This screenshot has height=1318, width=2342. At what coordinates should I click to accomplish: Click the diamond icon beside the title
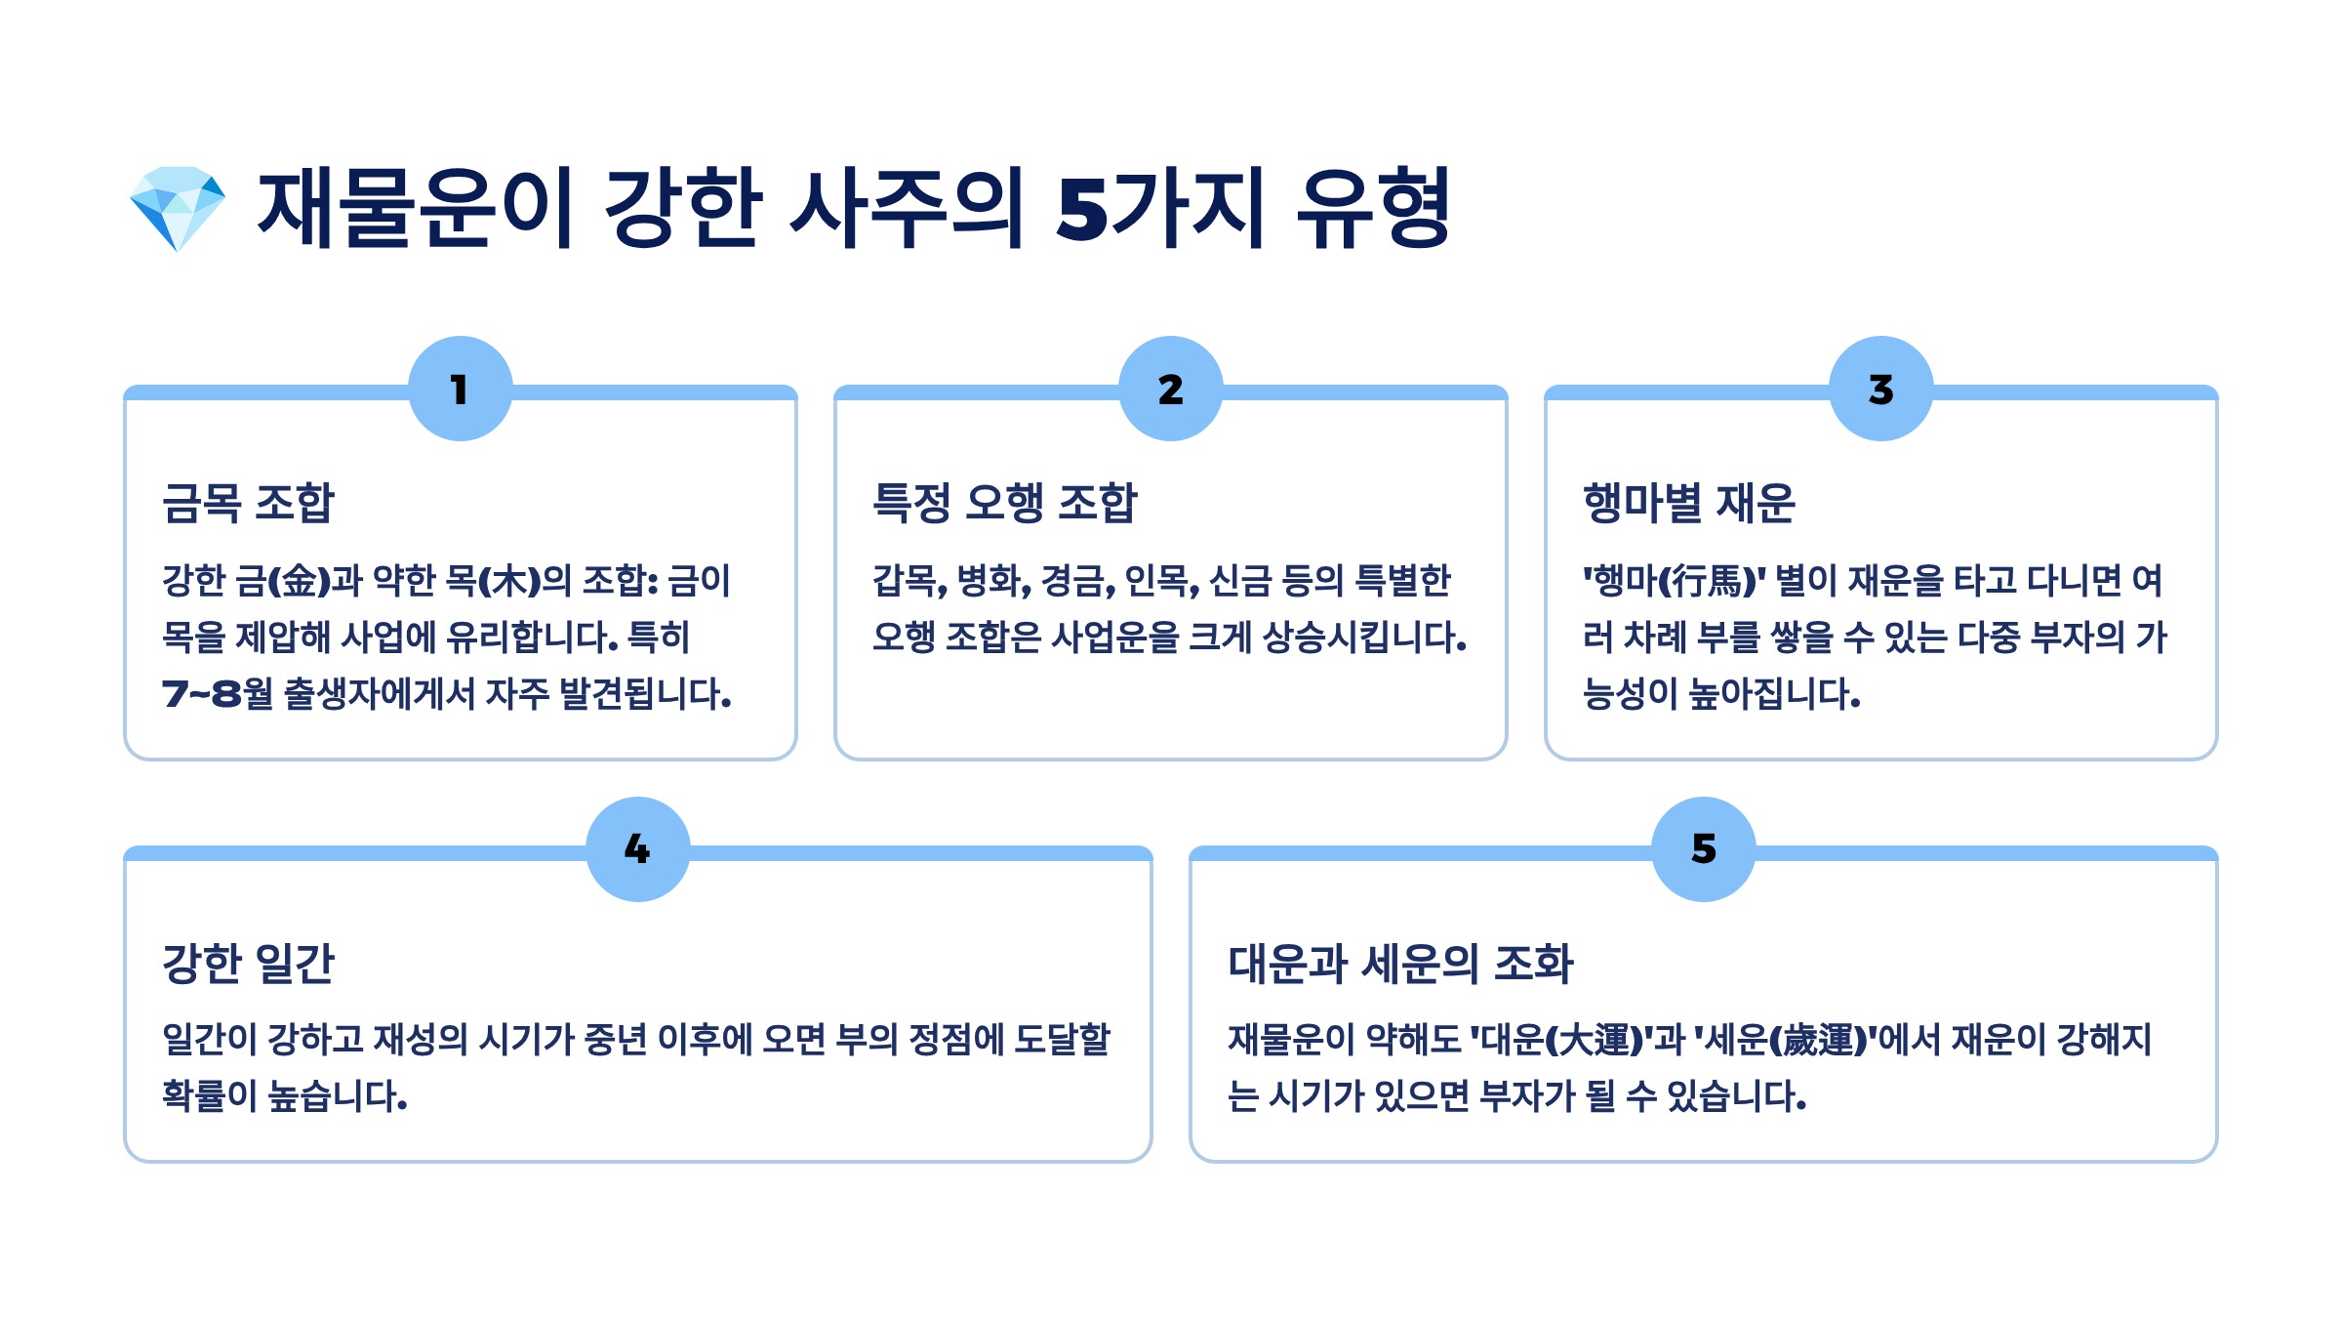tap(178, 208)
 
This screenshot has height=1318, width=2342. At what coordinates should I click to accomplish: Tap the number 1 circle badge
tap(460, 389)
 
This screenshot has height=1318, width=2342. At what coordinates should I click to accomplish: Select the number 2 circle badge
tap(1170, 389)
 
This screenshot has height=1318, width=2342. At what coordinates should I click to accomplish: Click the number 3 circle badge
tap(1880, 389)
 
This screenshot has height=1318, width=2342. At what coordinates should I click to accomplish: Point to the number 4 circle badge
tap(637, 848)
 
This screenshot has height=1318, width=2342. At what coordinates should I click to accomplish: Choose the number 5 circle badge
tap(1703, 848)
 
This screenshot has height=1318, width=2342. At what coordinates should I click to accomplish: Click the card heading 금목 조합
tap(248, 503)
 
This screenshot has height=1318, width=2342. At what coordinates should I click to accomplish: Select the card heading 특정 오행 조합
tap(1004, 503)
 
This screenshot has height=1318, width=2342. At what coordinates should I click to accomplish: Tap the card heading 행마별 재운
tap(1688, 503)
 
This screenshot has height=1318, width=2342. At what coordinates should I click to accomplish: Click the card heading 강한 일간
tap(248, 964)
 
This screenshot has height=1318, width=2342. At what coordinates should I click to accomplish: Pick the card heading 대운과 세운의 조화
tap(1400, 964)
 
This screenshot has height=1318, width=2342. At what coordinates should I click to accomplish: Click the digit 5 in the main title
tap(1083, 208)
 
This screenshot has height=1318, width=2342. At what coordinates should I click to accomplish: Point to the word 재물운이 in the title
tap(415, 208)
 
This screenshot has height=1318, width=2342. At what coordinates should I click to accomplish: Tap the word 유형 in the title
tap(1374, 208)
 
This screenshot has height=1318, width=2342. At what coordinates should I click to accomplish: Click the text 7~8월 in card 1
tap(217, 694)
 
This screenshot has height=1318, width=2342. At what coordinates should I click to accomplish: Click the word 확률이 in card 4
tap(209, 1096)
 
